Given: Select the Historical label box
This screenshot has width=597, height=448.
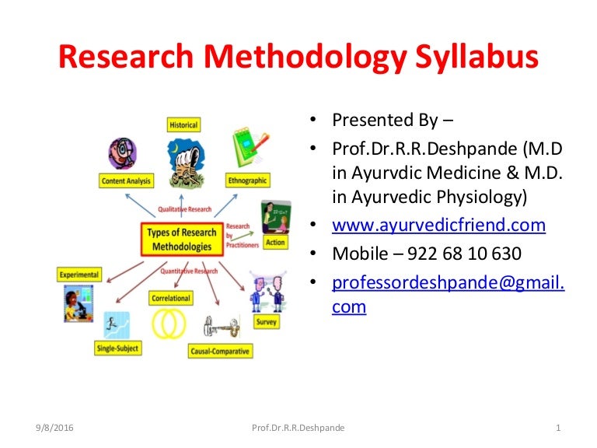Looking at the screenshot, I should (183, 124).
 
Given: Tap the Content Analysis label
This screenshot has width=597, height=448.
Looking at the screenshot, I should (127, 181).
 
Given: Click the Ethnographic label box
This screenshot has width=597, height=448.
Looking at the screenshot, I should (247, 180).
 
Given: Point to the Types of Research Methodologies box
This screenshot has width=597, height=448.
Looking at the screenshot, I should (181, 240).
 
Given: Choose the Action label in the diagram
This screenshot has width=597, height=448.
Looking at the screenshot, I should (276, 243).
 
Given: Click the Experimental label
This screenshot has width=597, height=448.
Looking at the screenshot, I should (79, 275).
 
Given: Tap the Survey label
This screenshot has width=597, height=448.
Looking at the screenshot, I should (266, 322).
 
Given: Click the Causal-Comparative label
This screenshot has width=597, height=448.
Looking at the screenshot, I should (221, 352).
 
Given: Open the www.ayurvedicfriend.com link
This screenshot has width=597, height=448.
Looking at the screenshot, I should (438, 226).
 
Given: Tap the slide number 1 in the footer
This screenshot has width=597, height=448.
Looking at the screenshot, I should (559, 428).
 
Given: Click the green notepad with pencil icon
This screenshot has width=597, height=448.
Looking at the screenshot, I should (249, 149).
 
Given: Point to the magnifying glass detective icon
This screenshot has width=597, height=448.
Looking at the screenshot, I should (121, 153).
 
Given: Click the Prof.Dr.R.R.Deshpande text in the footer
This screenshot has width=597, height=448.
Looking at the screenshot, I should (299, 428).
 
